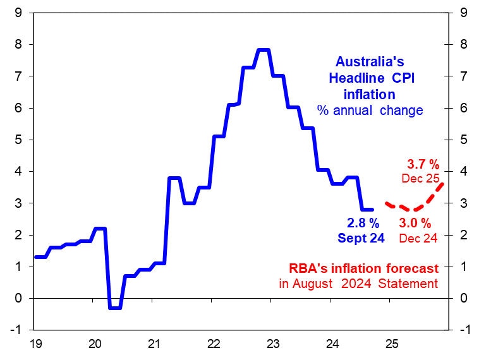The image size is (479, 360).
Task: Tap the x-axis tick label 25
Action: click(391, 345)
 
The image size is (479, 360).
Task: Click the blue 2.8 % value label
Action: click(363, 223)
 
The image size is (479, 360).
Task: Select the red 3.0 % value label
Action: click(415, 223)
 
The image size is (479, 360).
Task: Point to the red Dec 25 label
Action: click(420, 179)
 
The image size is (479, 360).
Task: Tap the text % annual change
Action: click(370, 111)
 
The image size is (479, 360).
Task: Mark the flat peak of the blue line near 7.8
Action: click(263, 50)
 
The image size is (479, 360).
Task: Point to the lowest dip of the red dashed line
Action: click(412, 210)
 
